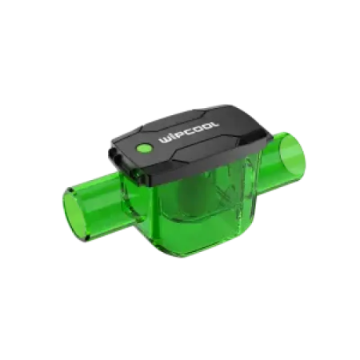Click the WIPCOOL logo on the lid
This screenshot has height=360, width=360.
[189, 132]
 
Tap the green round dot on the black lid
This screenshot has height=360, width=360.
[143, 148]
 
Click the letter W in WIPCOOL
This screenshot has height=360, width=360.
[165, 140]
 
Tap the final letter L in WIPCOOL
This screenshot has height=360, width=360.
[214, 124]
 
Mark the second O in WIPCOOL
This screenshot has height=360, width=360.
[206, 126]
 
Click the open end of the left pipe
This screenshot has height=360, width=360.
[74, 214]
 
